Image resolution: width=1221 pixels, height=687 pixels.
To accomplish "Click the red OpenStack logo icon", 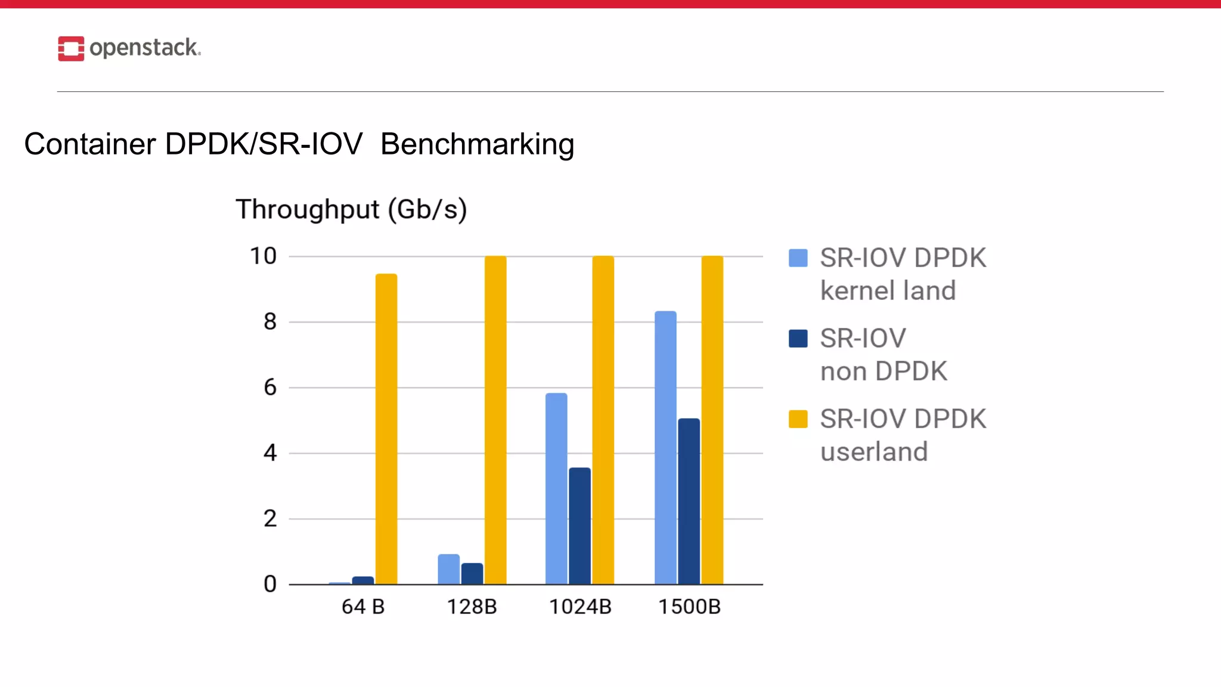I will tap(71, 48).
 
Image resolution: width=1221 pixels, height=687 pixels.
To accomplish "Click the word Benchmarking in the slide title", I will tap(477, 144).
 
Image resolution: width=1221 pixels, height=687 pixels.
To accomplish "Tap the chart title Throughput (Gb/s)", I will tap(351, 209).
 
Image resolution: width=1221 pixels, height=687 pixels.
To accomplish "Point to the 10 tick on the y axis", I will tap(263, 256).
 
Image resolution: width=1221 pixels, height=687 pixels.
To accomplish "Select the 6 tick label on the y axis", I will tap(270, 388).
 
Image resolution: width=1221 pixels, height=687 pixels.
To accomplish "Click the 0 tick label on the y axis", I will tap(270, 584).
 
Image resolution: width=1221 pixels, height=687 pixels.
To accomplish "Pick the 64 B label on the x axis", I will tap(363, 606).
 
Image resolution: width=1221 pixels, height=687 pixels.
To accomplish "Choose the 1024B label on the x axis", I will tap(580, 606).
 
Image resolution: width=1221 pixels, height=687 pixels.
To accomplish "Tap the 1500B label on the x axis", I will tap(689, 606).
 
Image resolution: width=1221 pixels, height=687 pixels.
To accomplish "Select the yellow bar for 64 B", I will tap(386, 429).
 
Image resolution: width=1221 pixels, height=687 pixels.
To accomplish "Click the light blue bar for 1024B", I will tap(556, 488).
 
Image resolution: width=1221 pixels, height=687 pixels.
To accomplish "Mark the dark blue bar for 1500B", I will tap(689, 501).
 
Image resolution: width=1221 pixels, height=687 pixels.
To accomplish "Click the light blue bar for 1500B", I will tap(665, 447).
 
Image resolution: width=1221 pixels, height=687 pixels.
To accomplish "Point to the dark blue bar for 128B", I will tap(472, 574).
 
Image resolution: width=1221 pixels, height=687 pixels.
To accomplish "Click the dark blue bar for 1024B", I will tap(579, 525).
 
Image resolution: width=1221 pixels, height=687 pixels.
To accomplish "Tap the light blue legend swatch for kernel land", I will tap(798, 258).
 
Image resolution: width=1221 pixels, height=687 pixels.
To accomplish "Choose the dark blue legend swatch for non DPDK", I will tap(798, 339).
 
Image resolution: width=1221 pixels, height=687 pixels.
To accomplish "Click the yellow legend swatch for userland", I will tap(798, 419).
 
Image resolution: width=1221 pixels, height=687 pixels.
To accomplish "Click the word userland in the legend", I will tap(874, 452).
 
